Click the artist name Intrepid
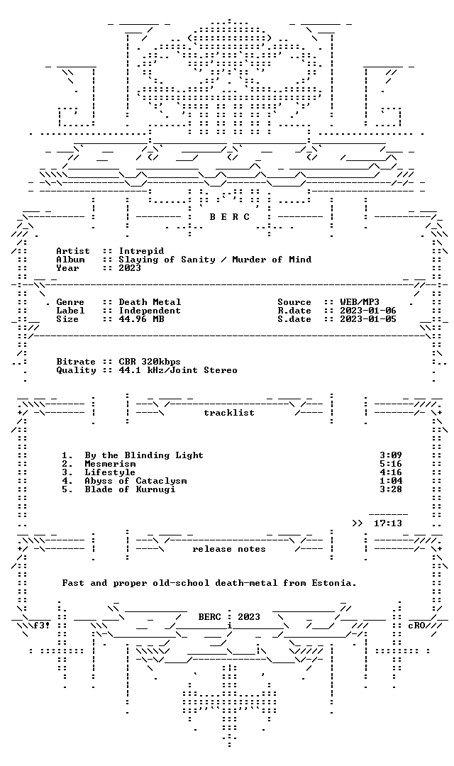141,251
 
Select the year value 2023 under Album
130,267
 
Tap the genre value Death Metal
150,302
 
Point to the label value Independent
150,310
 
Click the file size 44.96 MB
141,319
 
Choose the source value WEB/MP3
360,302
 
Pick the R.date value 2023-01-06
368,310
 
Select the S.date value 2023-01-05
368,319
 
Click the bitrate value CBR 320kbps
150,362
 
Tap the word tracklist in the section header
229,413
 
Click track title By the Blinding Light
144,455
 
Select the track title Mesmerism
110,464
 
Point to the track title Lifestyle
110,472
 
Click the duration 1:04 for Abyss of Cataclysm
391,481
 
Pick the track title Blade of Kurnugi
130,489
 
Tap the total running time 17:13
388,523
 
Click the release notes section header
229,549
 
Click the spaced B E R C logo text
230,217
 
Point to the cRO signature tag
416,626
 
